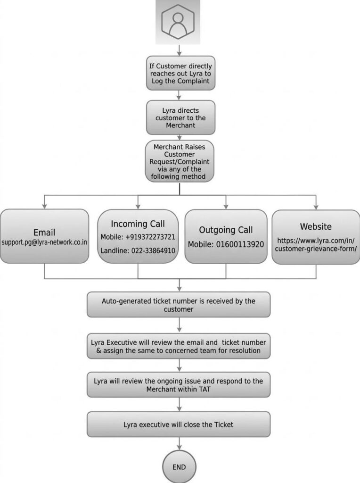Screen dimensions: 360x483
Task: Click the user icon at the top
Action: click(178, 22)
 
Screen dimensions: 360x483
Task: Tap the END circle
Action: click(179, 466)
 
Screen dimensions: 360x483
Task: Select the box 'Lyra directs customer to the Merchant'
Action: click(180, 117)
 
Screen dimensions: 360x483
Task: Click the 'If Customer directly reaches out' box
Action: click(180, 73)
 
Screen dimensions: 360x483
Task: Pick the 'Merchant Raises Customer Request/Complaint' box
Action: click(180, 161)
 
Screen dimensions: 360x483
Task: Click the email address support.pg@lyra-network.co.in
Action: click(44, 242)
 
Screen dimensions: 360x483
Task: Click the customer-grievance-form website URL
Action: click(316, 245)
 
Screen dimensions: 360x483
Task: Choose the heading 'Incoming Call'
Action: click(138, 224)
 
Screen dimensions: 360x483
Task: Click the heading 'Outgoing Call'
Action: click(226, 230)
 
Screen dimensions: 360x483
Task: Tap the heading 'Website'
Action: click(316, 226)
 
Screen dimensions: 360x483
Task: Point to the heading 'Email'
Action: click(44, 232)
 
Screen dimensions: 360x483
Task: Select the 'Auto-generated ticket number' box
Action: click(179, 305)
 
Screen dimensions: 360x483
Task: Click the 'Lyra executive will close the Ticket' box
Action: click(179, 424)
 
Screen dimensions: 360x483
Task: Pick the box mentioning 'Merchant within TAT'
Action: click(179, 385)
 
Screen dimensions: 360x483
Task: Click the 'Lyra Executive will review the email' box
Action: click(179, 346)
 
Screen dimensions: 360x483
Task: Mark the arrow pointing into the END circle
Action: click(179, 443)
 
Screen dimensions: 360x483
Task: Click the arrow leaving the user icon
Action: click(179, 50)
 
